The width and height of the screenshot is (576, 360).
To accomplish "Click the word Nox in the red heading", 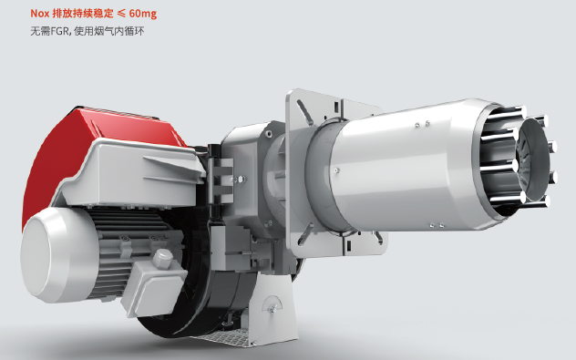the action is tap(39, 14).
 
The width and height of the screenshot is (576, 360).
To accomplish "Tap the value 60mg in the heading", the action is tap(143, 14).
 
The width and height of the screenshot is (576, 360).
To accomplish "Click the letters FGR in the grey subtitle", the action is tap(59, 31).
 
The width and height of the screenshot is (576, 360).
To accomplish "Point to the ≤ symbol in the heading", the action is tap(121, 14).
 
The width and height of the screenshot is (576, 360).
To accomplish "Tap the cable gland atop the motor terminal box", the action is tap(162, 259).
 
